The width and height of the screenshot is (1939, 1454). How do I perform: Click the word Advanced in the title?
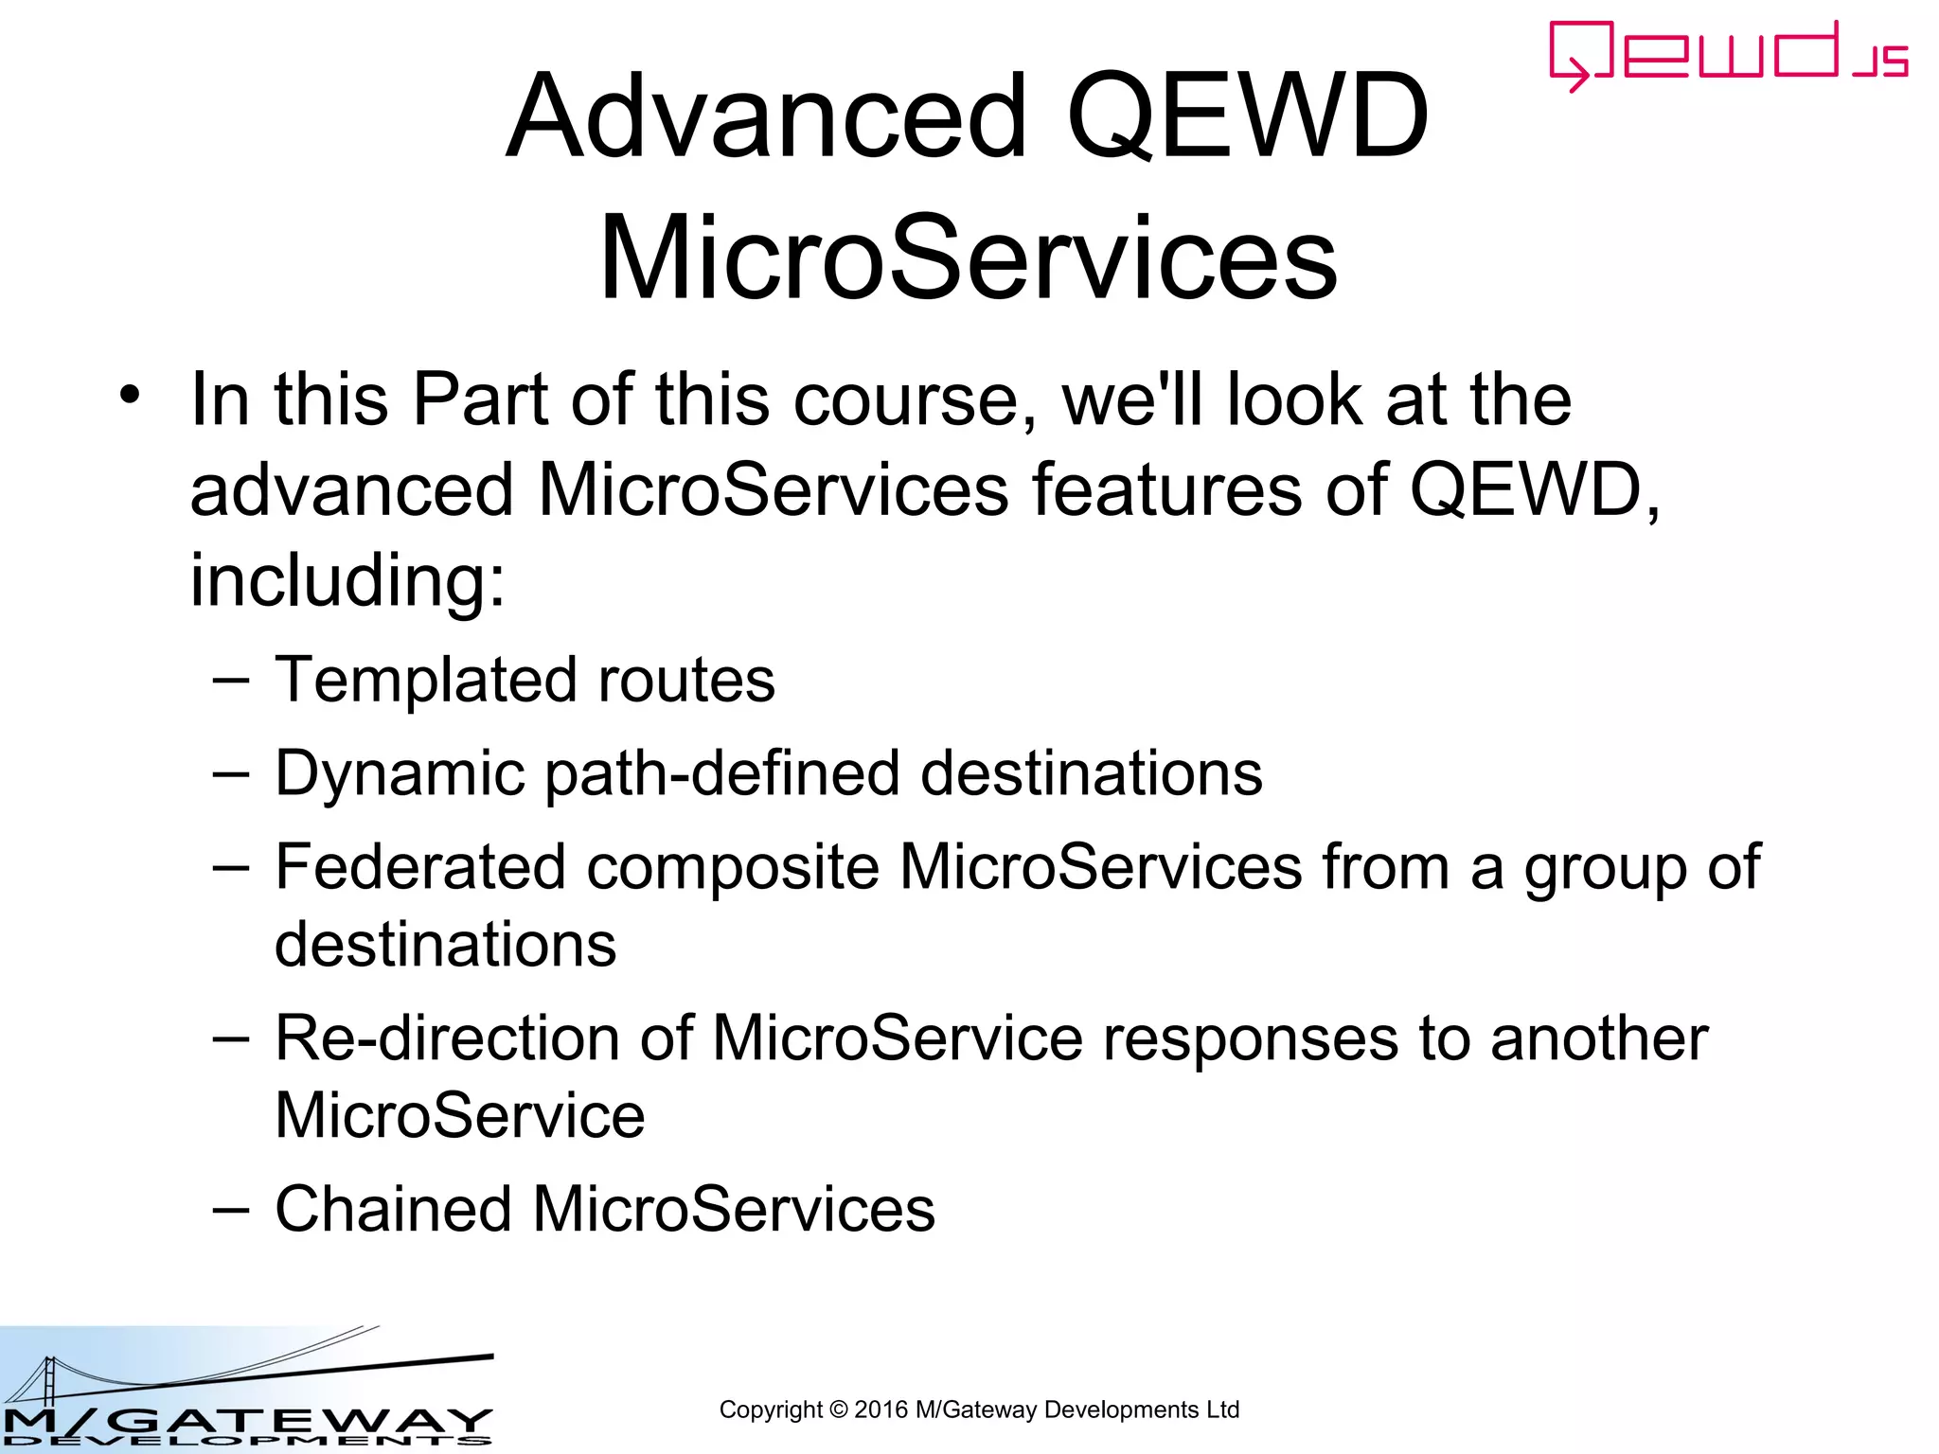766,117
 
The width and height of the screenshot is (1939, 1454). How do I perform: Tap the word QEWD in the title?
1247,117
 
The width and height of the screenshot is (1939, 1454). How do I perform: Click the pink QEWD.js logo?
1727,55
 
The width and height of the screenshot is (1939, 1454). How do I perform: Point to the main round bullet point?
130,394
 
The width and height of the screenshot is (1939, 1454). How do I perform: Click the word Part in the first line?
480,399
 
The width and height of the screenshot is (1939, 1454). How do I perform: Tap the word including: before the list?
347,579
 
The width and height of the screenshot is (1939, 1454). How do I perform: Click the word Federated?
420,866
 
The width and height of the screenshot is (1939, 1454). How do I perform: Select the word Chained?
393,1209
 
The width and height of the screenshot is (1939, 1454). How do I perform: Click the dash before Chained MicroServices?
231,1209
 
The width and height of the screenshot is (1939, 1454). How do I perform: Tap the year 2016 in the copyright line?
881,1410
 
